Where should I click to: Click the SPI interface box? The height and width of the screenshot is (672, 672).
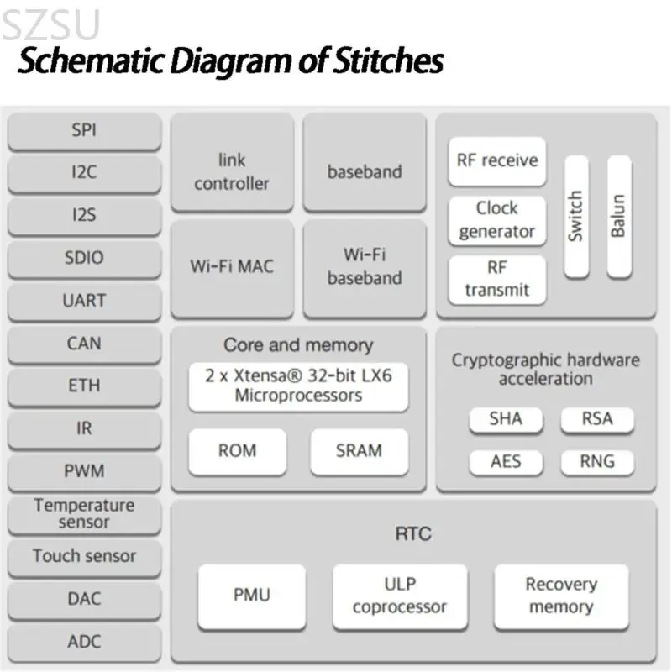tap(84, 131)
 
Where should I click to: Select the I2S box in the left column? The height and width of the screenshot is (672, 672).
tap(84, 216)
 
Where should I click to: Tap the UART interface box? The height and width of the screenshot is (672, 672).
tap(84, 301)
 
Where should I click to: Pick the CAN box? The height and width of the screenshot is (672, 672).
tap(84, 344)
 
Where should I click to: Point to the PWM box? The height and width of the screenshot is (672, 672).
tap(84, 470)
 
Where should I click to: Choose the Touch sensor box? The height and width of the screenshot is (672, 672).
tap(84, 556)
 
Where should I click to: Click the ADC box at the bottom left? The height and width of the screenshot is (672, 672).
tap(84, 642)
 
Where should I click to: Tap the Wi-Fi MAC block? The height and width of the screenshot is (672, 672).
tap(232, 267)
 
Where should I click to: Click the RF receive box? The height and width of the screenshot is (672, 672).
tap(496, 160)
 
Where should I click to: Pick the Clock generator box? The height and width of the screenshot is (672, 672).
tap(496, 220)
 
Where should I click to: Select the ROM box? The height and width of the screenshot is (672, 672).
tap(237, 451)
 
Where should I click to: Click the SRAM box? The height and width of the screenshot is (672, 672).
tap(359, 451)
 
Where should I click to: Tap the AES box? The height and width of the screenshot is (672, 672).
tap(506, 461)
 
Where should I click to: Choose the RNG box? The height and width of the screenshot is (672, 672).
tap(597, 461)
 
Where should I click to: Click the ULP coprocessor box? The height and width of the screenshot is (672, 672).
tap(399, 596)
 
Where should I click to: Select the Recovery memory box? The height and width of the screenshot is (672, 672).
tap(560, 596)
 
